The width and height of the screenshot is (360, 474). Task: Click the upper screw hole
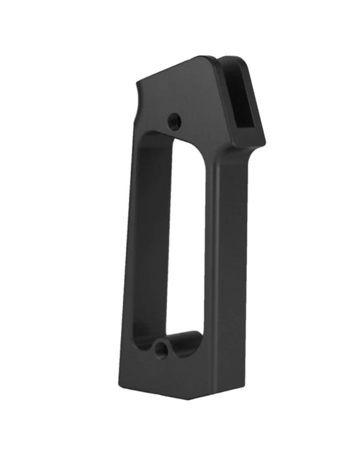(174, 121)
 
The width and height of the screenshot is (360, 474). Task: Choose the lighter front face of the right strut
(229, 266)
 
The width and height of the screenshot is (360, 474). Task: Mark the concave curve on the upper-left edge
(139, 108)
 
